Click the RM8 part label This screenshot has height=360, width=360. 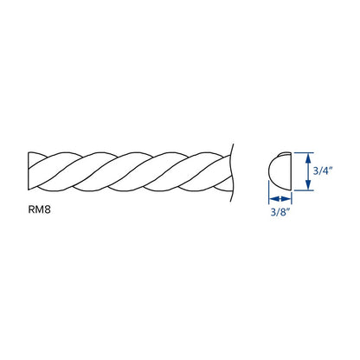pos(39,209)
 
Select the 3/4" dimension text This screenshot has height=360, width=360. pos(323,170)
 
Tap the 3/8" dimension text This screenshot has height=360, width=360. pos(280,212)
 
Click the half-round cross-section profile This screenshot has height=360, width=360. pos(280,171)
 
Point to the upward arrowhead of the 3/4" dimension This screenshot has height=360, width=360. pos(308,157)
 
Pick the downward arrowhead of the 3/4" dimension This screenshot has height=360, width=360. pos(308,185)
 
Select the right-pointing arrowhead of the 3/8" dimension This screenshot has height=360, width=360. pos(286,199)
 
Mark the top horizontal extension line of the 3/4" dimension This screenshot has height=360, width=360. pos(304,152)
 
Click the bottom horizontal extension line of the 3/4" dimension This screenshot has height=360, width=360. pos(304,190)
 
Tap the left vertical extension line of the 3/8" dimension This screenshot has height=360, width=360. pos(269,192)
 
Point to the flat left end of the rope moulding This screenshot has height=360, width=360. pos(29,170)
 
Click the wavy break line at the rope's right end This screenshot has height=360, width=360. pos(231,172)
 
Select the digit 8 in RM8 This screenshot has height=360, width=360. pos(48,209)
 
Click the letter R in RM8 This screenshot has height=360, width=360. pos(31,209)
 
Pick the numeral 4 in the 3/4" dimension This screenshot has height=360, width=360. pos(325,170)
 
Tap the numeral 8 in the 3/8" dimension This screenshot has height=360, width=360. pos(283,212)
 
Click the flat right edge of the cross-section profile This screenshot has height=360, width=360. pos(292,171)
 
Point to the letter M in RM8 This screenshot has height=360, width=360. pos(39,209)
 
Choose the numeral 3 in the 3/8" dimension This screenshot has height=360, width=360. pos(273,212)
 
